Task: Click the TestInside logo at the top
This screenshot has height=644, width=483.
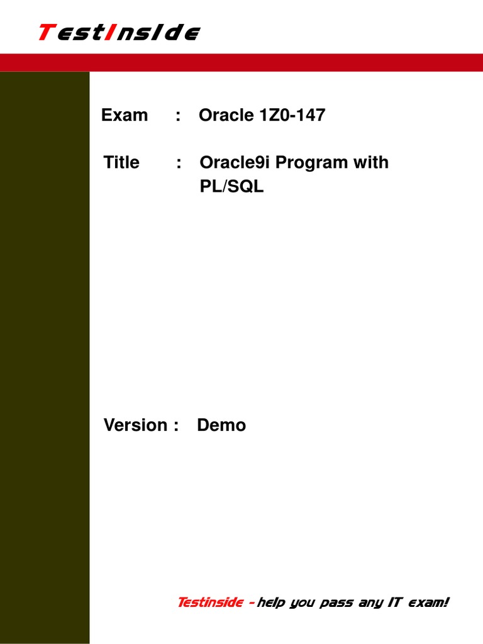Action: [119, 32]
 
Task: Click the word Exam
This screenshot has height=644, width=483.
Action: [125, 115]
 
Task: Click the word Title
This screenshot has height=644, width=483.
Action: [122, 162]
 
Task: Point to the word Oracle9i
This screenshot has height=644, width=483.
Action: [235, 162]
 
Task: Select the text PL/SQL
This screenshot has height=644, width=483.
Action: [231, 187]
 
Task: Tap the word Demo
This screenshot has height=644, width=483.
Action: [221, 425]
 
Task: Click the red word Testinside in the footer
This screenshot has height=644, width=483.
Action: [210, 602]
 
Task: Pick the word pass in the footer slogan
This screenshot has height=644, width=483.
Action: [337, 603]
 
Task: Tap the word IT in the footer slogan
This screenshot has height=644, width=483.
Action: [394, 602]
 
